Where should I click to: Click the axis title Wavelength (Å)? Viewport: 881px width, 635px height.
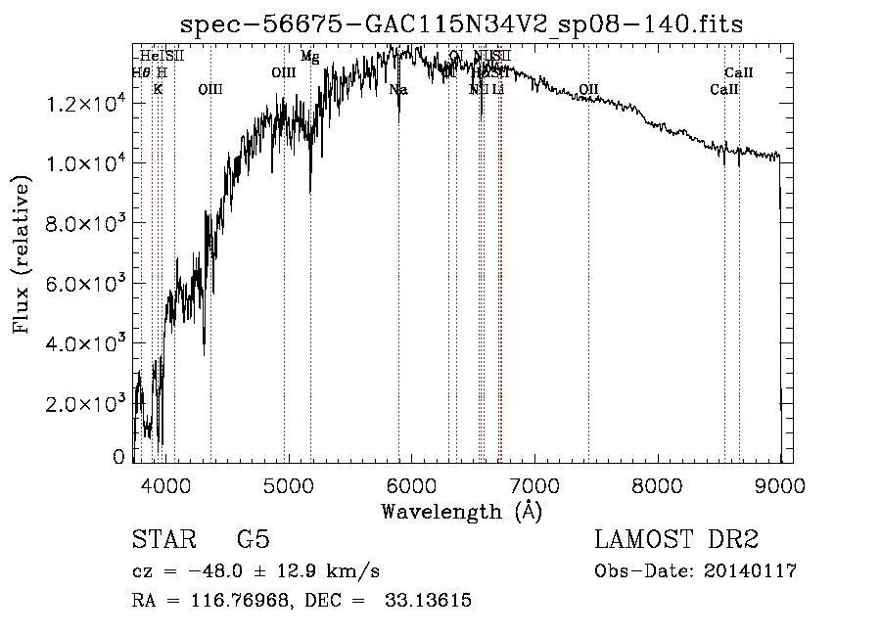point(461,511)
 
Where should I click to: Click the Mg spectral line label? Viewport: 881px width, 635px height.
point(309,57)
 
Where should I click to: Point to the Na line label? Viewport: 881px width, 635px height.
point(398,90)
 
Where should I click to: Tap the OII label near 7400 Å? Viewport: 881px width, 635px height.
point(588,90)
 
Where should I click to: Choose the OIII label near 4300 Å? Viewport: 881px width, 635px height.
point(210,89)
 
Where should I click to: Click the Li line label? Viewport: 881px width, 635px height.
point(498,90)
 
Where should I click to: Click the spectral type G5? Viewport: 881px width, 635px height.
point(253,540)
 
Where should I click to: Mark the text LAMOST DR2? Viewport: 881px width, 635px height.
point(676,540)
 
